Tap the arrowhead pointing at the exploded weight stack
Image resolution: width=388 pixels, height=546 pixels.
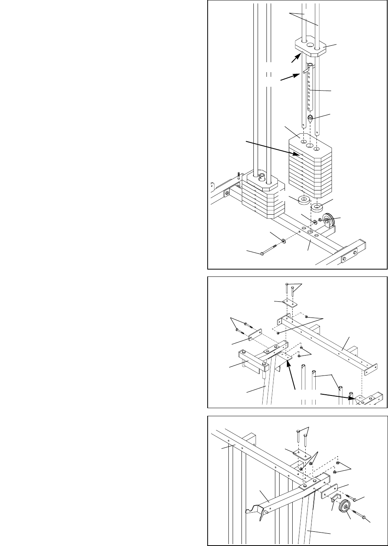point(296,154)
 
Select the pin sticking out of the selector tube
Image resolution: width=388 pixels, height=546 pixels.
point(305,71)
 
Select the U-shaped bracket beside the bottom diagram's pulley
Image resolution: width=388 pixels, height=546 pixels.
point(336,499)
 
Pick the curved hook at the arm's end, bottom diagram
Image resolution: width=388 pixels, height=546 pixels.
point(254,510)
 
